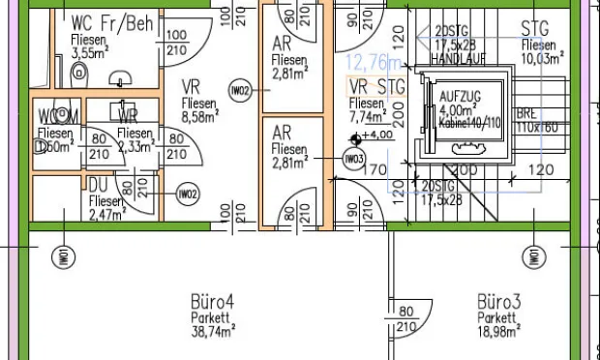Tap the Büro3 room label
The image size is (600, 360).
coord(499,303)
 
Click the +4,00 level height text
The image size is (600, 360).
coord(376,135)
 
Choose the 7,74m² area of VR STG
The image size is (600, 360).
coord(368,117)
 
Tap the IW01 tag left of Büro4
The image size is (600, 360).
coord(60,257)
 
